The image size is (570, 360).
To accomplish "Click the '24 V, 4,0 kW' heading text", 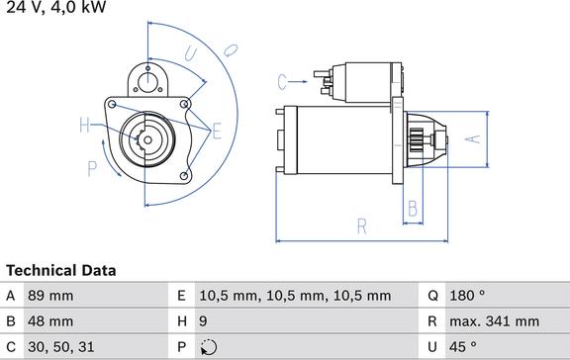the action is coord(56,7).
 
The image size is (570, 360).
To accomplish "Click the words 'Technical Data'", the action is coord(61,271).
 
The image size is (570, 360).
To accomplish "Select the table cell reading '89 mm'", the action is coord(50,296).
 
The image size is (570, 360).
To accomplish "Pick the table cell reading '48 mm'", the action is coord(50,321).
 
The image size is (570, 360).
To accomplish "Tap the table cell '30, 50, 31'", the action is coord(61,347).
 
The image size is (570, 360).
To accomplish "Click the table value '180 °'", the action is coord(467,296).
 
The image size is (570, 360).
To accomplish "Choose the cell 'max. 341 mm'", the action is coord(495,321).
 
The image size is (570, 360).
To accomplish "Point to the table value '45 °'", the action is coord(463,347).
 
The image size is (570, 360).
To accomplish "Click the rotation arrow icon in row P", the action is coord(209,347).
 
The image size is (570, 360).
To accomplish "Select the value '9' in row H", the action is coord(203,321).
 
